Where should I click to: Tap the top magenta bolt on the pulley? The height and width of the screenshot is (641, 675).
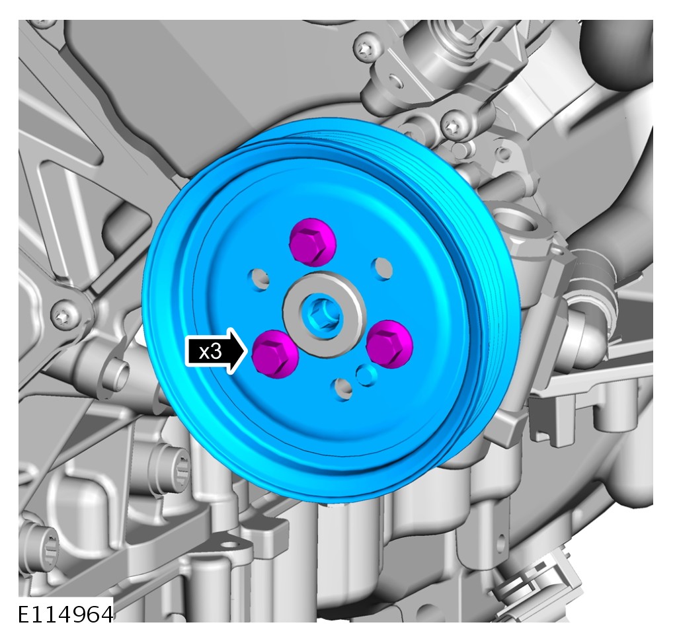[x=312, y=243]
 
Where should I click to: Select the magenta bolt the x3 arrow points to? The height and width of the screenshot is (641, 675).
[x=275, y=354]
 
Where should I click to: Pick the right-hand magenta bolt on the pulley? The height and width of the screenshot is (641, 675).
[x=389, y=344]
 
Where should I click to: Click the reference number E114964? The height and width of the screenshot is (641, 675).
[x=66, y=614]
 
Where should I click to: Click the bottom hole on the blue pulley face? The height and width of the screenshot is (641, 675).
[x=343, y=389]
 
